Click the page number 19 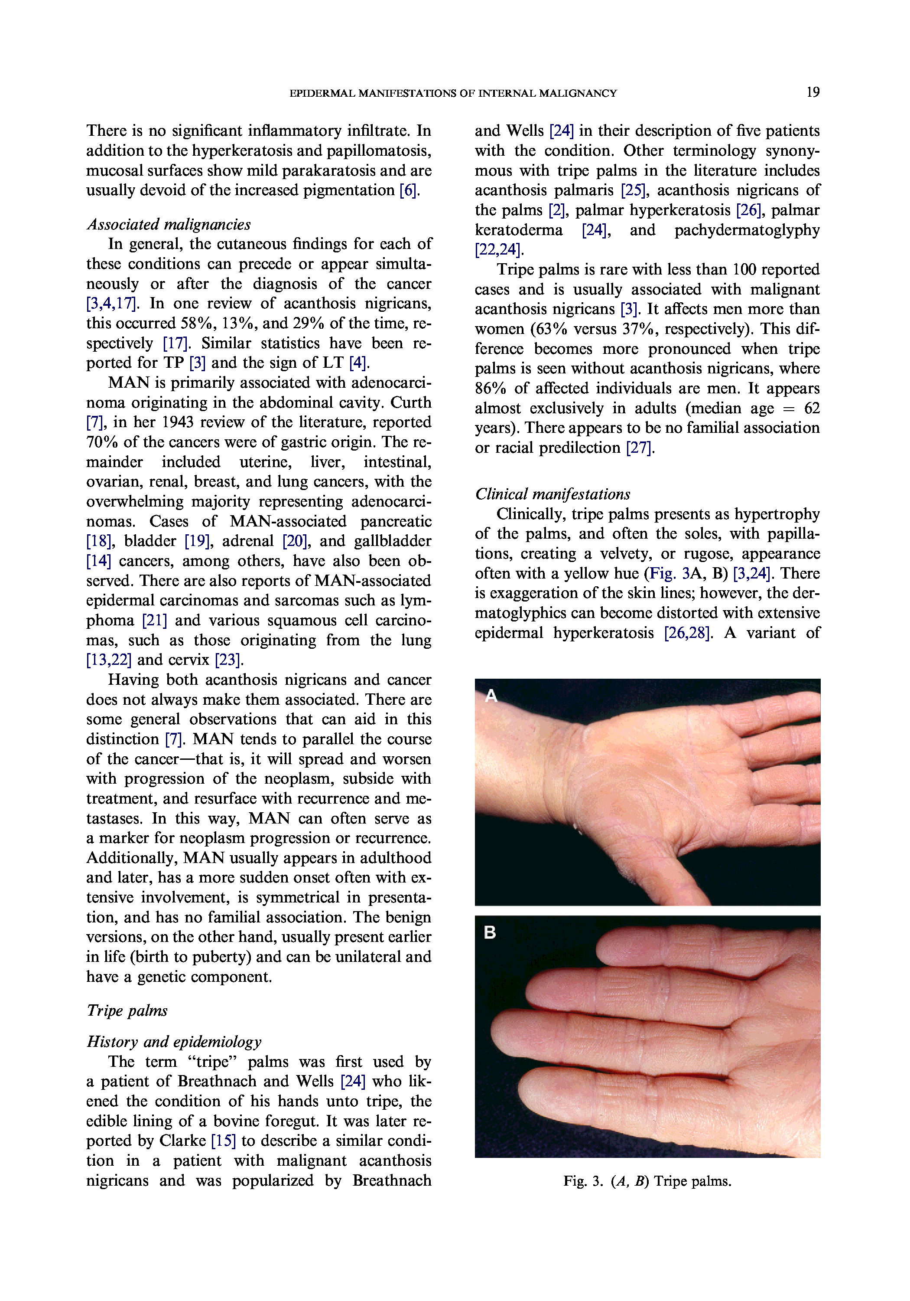coord(812,92)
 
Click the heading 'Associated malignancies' coord(168,224)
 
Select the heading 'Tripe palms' coord(127,1010)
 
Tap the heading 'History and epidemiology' coord(174,1042)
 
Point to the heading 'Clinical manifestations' coord(552,494)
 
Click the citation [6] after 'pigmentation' coord(408,190)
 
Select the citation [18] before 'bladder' coord(98,541)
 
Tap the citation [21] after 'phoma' coord(154,621)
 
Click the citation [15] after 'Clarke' coord(223,1141)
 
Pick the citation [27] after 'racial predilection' coord(639,448)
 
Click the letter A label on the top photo coord(491,695)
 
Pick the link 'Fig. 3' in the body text coord(668,573)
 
